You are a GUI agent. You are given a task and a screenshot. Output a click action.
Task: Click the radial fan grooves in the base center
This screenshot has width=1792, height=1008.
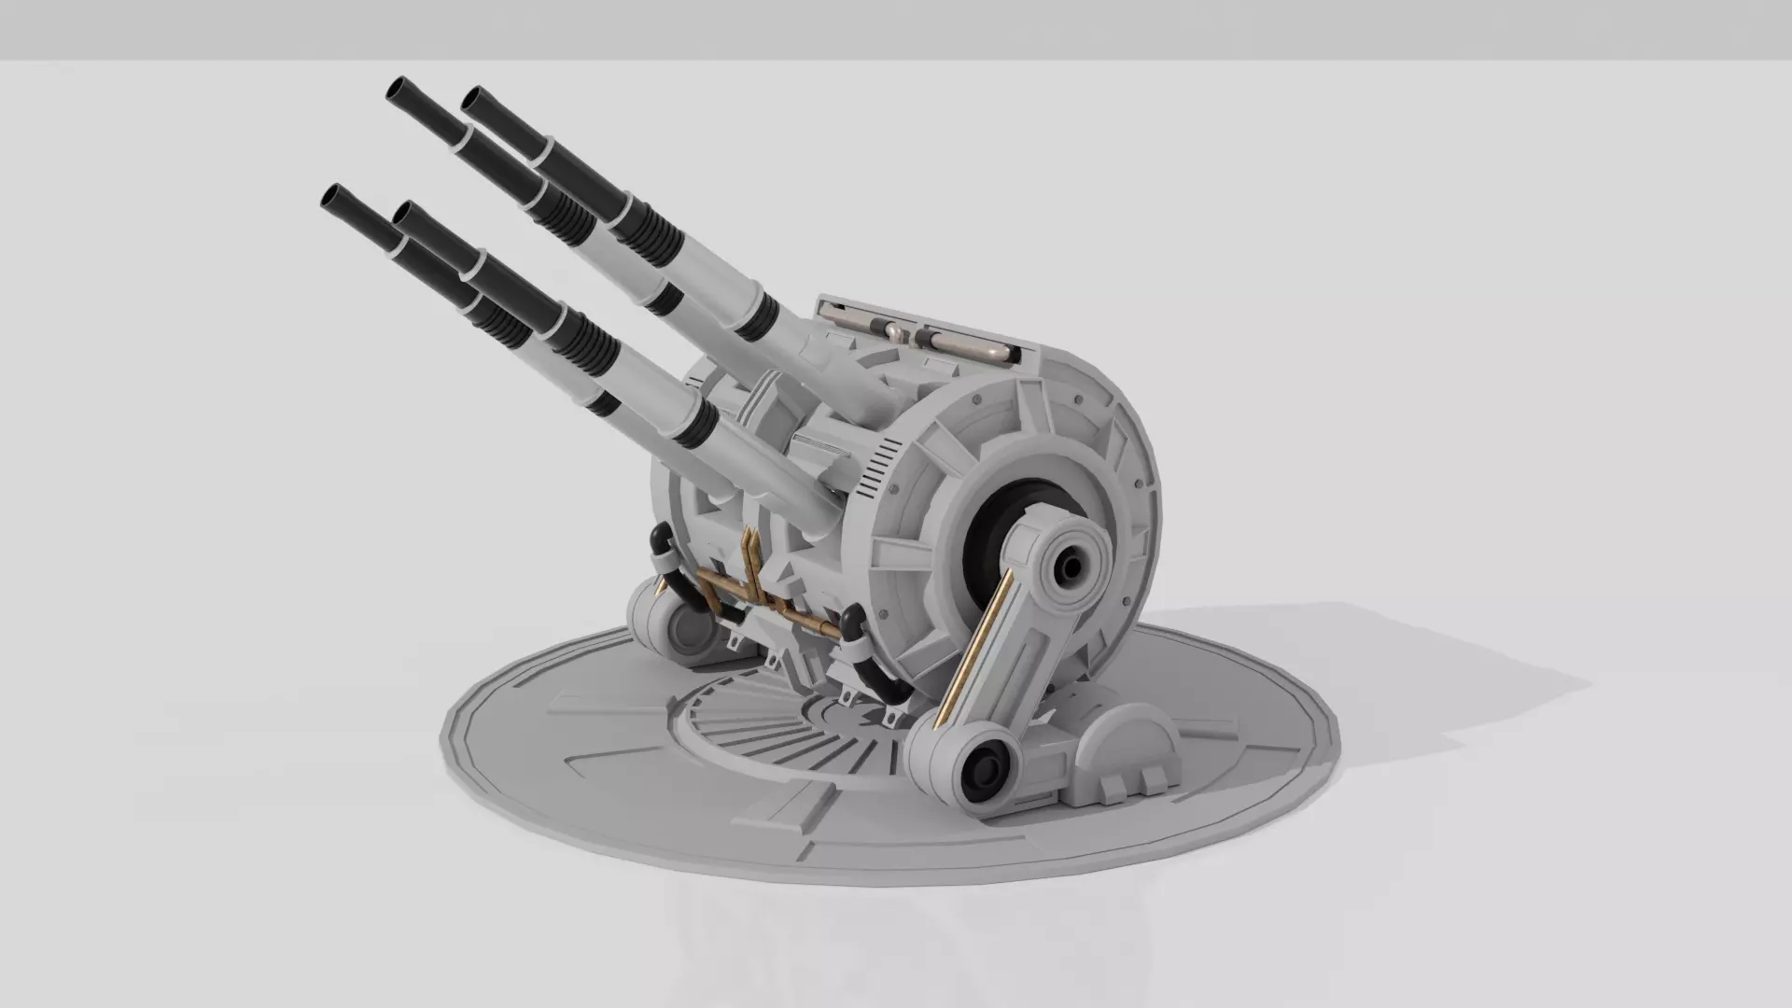[x=765, y=737]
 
